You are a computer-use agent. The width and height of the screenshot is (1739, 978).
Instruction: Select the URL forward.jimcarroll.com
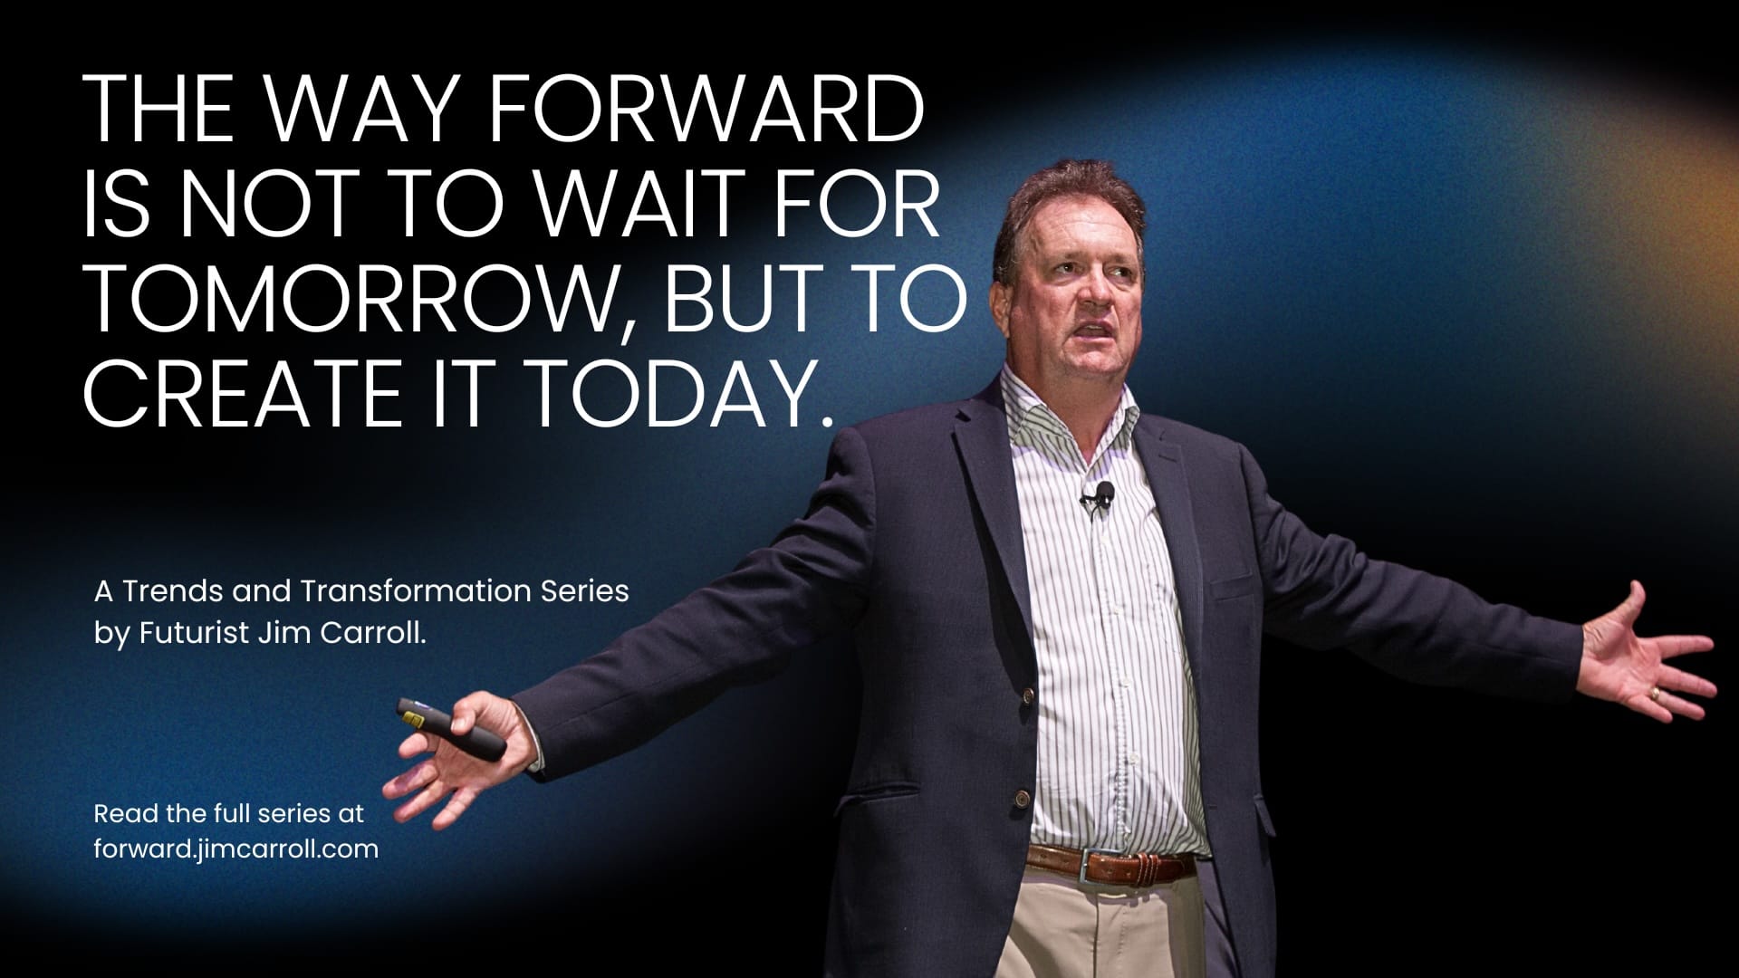pos(236,849)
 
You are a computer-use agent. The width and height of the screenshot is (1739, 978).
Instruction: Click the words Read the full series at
pos(228,813)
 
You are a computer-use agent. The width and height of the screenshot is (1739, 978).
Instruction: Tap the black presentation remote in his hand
pos(451,728)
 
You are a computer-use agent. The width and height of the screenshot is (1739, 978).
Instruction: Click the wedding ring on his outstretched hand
pos(1655,694)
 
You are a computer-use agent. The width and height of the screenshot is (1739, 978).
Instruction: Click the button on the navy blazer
pos(1028,695)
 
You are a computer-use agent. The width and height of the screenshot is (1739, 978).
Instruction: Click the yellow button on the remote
pos(414,719)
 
